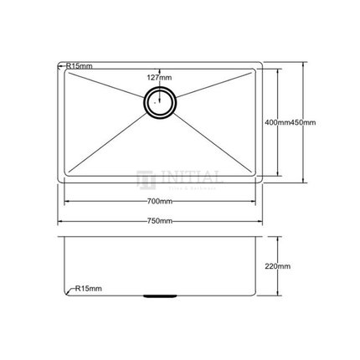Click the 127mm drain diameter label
158,78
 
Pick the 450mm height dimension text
302,123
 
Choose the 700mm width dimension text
159,203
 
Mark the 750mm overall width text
159,222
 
